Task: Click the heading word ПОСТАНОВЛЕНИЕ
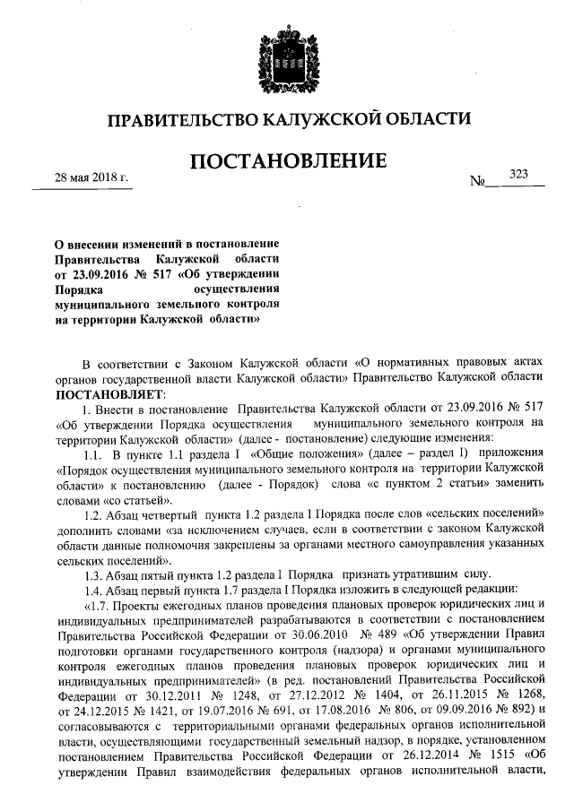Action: tap(287, 162)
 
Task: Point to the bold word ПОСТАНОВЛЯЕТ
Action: tap(105, 395)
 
